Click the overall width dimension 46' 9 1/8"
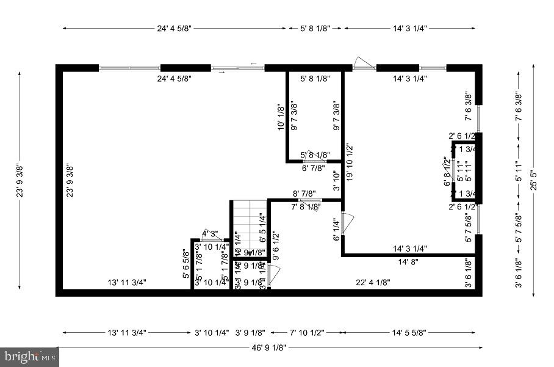(268, 347)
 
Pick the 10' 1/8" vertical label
(281, 117)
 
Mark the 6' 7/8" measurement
(315, 168)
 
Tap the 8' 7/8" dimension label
(305, 194)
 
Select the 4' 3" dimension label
(210, 233)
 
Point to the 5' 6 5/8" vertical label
(186, 264)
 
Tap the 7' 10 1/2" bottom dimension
(304, 333)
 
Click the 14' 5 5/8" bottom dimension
(410, 333)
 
